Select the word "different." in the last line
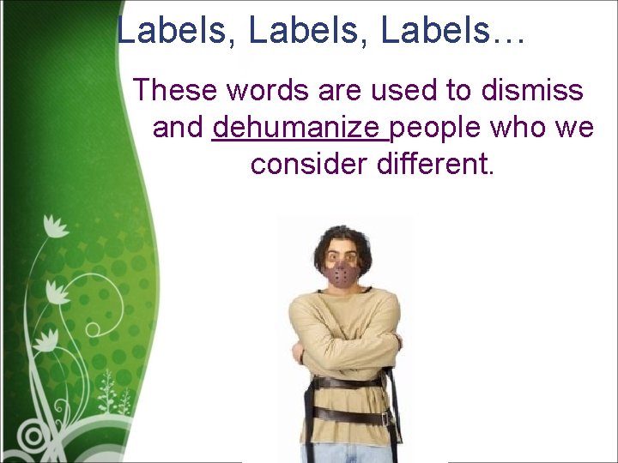tap(436, 163)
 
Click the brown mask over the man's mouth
tap(344, 274)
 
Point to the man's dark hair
tap(344, 235)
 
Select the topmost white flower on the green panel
tap(56, 226)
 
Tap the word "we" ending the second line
tap(579, 128)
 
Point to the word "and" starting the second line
tap(179, 128)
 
